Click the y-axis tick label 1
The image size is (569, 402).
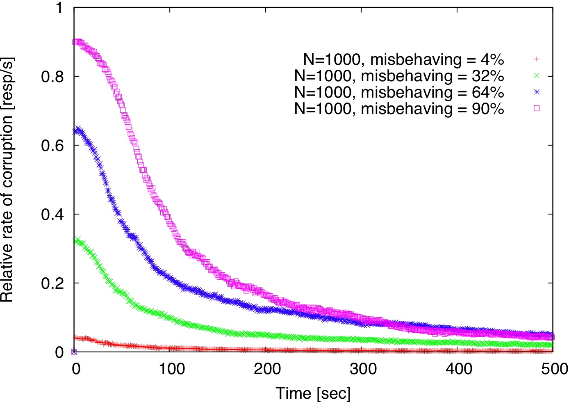point(59,8)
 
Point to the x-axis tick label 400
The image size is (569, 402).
point(458,369)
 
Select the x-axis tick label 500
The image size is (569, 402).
point(553,369)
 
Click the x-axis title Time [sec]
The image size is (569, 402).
point(313,393)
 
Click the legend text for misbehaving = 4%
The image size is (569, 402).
point(403,60)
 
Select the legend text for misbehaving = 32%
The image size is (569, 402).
point(399,76)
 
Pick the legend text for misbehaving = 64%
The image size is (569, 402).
point(399,93)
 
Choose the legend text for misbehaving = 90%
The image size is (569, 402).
point(399,109)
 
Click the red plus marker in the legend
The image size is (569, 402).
point(537,59)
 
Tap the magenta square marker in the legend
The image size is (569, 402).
point(537,108)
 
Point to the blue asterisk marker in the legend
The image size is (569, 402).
point(537,92)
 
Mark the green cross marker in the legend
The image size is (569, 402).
point(537,75)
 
